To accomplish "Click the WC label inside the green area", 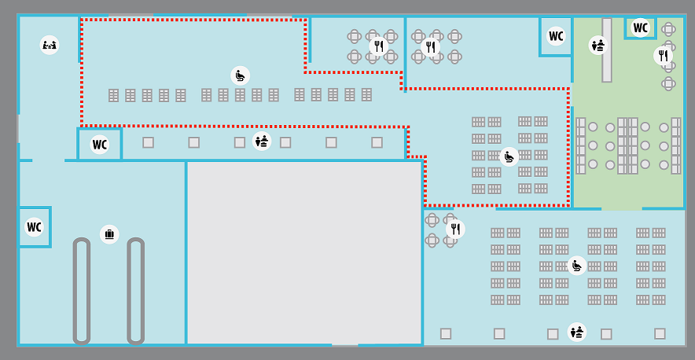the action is coord(640,28).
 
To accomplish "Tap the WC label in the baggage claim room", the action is coord(34,226).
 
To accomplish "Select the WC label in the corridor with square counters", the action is coord(100,145).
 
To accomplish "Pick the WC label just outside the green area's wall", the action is coord(556,36).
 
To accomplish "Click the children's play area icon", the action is coord(50,45).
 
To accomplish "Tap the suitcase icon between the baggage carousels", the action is coord(109,233).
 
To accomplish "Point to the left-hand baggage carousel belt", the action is coord(82,291).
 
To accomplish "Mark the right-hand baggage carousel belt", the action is coord(136,291).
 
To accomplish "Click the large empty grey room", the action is coord(304,252).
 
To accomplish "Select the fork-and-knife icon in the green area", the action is coord(663,56).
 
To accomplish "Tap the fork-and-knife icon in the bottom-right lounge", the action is coord(455,229).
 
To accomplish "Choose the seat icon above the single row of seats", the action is coord(241,75).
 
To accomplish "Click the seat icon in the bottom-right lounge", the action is coord(576,266).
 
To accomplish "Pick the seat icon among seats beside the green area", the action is coord(509,156).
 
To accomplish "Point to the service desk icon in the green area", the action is coord(598,45).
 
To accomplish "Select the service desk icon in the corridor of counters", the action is coord(262,141).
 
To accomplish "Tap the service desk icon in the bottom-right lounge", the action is coord(577,332).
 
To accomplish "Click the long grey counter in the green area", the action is coord(607,50).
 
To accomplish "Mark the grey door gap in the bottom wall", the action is coord(345,344).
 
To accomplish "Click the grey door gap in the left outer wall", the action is coord(18,129).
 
